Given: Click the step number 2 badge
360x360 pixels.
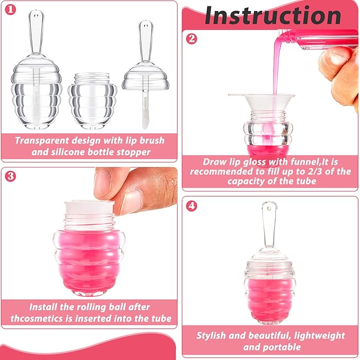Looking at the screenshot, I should point(192,39).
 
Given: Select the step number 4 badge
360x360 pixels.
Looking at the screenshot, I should point(192,205).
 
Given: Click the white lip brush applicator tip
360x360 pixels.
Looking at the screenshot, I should point(143,116).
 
